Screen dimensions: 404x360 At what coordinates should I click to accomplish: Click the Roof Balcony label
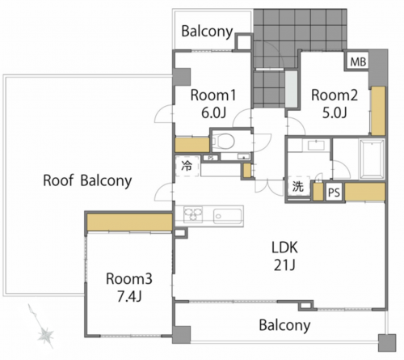87,180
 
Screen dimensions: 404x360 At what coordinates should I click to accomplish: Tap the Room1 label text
213,95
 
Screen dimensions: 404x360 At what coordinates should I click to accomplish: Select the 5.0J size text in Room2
335,112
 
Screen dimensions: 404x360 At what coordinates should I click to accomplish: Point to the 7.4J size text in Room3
129,297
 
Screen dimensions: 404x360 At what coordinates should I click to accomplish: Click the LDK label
284,248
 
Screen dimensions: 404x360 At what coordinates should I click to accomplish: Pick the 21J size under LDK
284,265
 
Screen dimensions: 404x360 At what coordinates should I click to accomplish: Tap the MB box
358,61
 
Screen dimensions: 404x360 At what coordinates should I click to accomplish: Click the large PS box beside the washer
334,193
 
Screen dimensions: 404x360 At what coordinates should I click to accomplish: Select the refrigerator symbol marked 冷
187,166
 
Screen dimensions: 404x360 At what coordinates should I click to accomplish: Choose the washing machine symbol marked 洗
298,186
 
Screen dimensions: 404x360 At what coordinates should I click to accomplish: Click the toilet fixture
224,141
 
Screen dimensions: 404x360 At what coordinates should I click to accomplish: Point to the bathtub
372,159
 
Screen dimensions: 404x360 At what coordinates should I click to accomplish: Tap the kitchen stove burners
193,214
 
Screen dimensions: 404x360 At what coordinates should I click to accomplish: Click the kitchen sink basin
227,216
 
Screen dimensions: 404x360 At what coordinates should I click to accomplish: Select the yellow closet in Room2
378,111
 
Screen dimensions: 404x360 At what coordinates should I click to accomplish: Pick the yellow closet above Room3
129,222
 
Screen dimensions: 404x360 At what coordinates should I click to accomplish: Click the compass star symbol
44,336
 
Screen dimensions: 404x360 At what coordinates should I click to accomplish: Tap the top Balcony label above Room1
207,32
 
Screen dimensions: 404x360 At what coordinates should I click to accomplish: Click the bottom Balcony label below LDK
284,325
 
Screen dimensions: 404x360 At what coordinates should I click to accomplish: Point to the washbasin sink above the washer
316,146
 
